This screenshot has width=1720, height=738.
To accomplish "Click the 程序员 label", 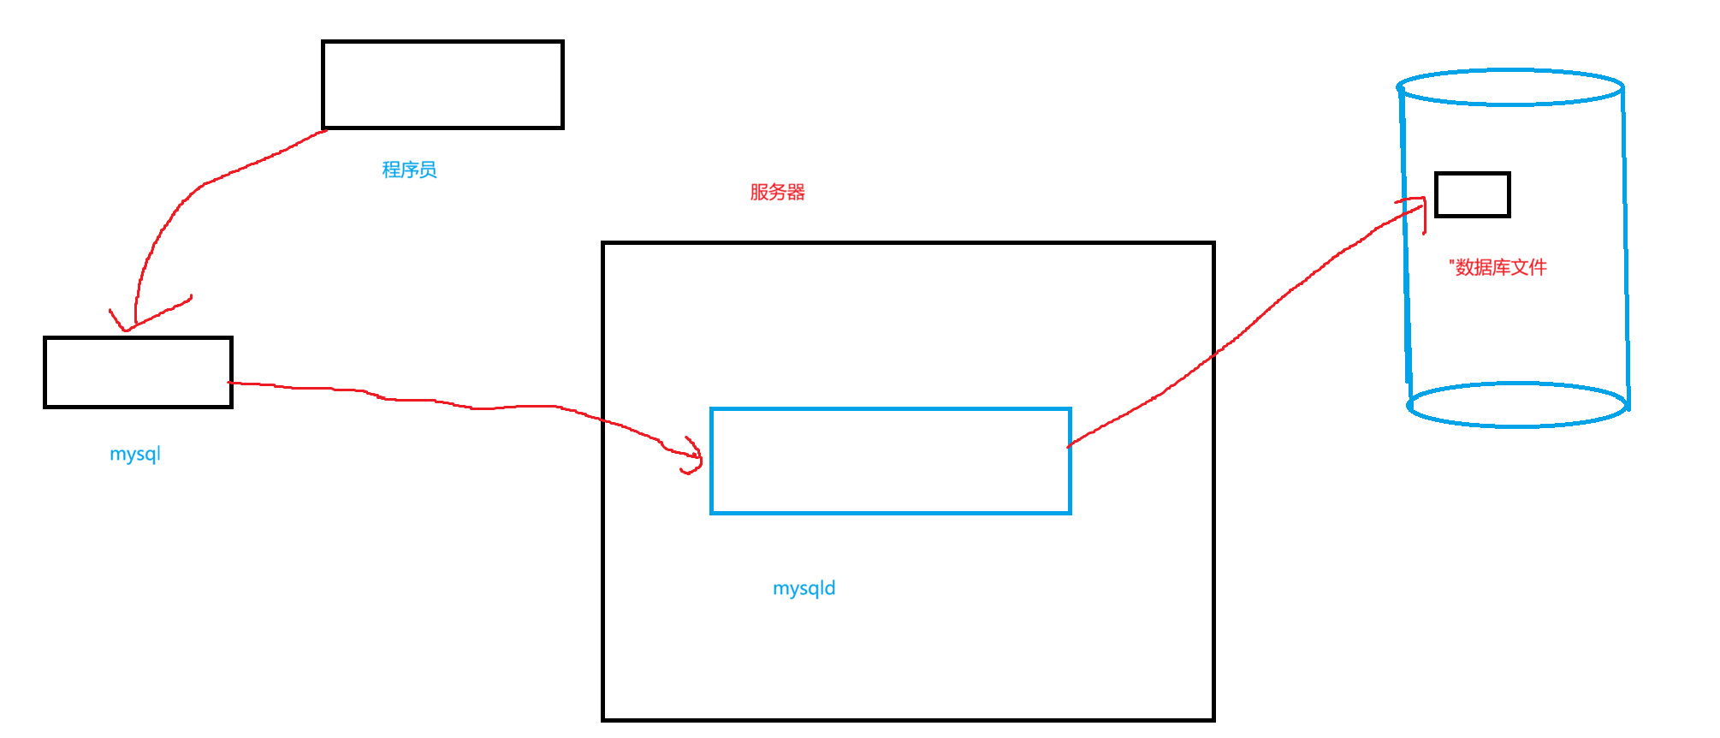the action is [409, 170].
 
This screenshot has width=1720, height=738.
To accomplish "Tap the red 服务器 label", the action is [777, 192].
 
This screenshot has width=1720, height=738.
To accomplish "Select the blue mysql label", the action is [135, 454].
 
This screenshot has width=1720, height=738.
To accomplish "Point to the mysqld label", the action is [804, 588].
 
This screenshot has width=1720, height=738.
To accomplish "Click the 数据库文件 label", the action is [1500, 268].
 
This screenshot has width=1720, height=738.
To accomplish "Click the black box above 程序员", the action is [442, 85].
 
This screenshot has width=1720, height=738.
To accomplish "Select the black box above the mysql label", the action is [138, 372].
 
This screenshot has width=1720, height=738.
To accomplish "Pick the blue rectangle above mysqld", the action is [890, 461].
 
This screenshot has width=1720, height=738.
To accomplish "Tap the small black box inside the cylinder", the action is [1472, 194].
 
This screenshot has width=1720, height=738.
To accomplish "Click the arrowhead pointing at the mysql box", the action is [127, 326].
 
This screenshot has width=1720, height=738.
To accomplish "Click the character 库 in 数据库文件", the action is [1501, 268].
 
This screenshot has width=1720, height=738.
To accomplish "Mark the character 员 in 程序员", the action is [428, 170].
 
